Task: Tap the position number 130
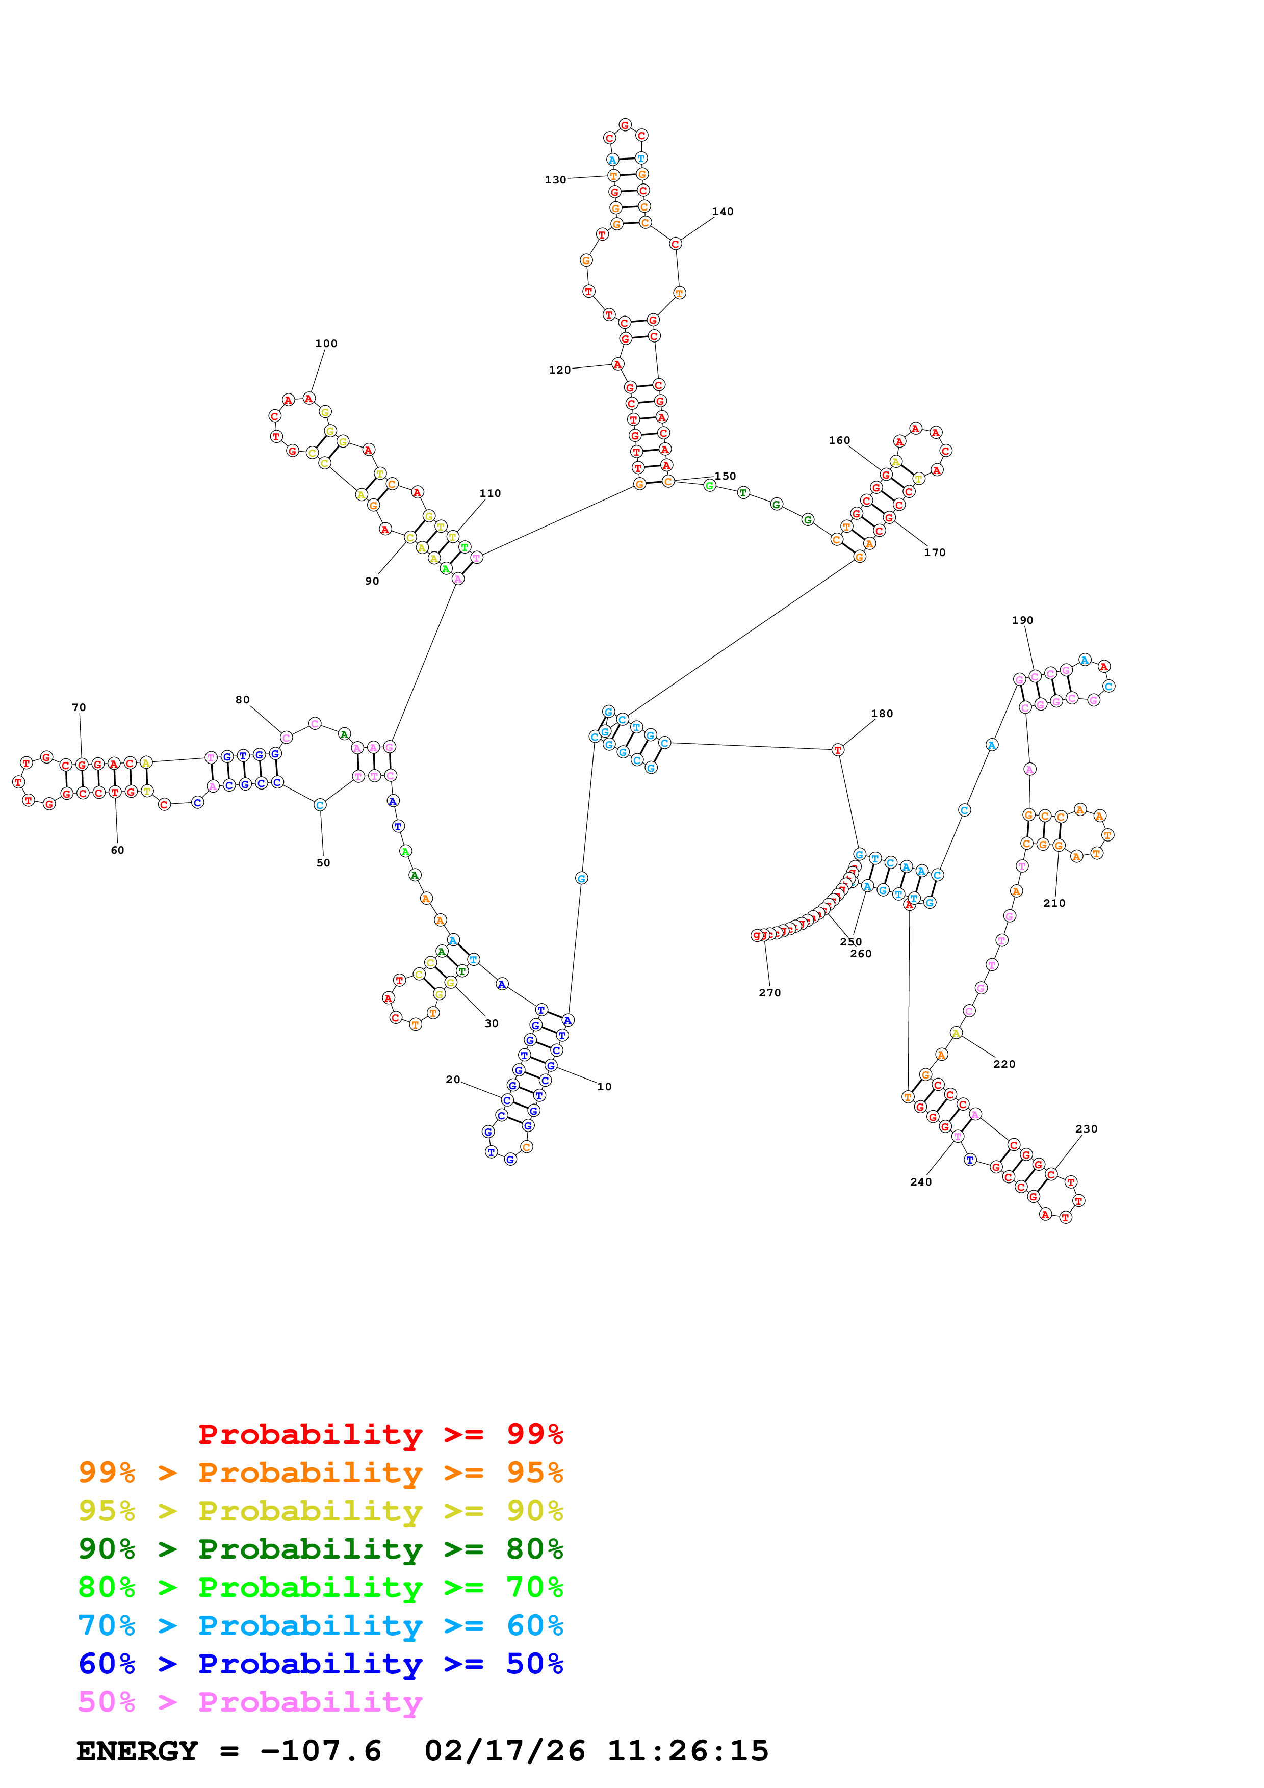(x=555, y=180)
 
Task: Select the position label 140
(x=723, y=212)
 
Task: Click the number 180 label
(x=882, y=714)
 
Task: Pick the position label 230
(x=1087, y=1129)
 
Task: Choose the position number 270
(x=769, y=993)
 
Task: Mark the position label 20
(x=452, y=1080)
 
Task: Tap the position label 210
(x=1054, y=903)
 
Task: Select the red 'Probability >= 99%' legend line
(x=380, y=1434)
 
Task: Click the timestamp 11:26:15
(x=688, y=1751)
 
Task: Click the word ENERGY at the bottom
(x=137, y=1751)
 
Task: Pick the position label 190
(x=1023, y=621)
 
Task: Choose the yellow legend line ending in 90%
(x=320, y=1510)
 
